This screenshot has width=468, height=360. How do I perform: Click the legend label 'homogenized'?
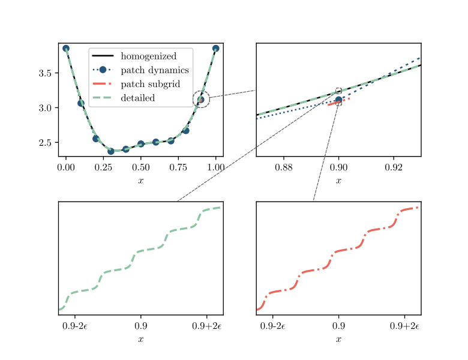[x=148, y=56]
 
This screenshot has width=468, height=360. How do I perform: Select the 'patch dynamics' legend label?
[x=155, y=70]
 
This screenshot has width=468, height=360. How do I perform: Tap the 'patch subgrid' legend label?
[x=151, y=84]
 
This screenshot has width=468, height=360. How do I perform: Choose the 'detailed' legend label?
[x=137, y=98]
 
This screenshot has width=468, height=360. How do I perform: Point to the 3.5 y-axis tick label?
[x=45, y=73]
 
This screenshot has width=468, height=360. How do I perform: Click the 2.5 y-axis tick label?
[x=45, y=143]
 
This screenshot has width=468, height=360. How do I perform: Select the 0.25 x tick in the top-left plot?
[x=103, y=167]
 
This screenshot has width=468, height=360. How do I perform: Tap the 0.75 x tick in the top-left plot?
[x=178, y=167]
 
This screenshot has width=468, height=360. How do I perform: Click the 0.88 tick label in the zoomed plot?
[x=284, y=167]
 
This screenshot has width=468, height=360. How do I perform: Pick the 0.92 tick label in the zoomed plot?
[x=394, y=167]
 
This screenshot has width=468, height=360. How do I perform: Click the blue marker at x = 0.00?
[x=66, y=49]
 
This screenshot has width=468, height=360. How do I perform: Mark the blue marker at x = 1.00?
[x=216, y=49]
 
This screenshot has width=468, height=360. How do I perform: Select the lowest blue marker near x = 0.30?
[x=111, y=151]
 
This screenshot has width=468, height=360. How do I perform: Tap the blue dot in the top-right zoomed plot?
[x=338, y=100]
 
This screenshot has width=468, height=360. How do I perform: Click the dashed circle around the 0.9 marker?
[x=201, y=91]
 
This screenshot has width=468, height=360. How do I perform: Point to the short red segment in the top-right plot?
[x=338, y=102]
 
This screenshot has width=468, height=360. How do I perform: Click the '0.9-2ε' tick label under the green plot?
[x=75, y=326]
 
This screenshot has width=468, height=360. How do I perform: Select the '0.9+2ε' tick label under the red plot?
[x=404, y=326]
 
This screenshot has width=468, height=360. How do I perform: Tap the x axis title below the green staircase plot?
[x=141, y=339]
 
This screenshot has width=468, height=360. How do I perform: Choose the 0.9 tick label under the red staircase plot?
[x=338, y=326]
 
